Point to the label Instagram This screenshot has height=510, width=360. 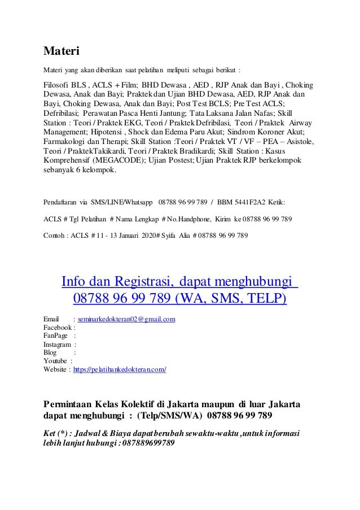click(58, 345)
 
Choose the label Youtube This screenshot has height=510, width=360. click(55, 361)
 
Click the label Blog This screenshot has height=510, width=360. click(50, 353)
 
